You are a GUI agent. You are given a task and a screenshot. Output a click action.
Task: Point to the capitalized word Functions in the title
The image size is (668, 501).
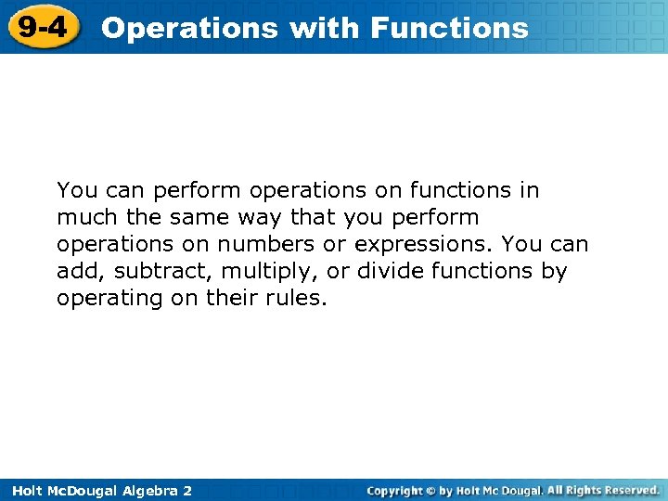449,28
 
